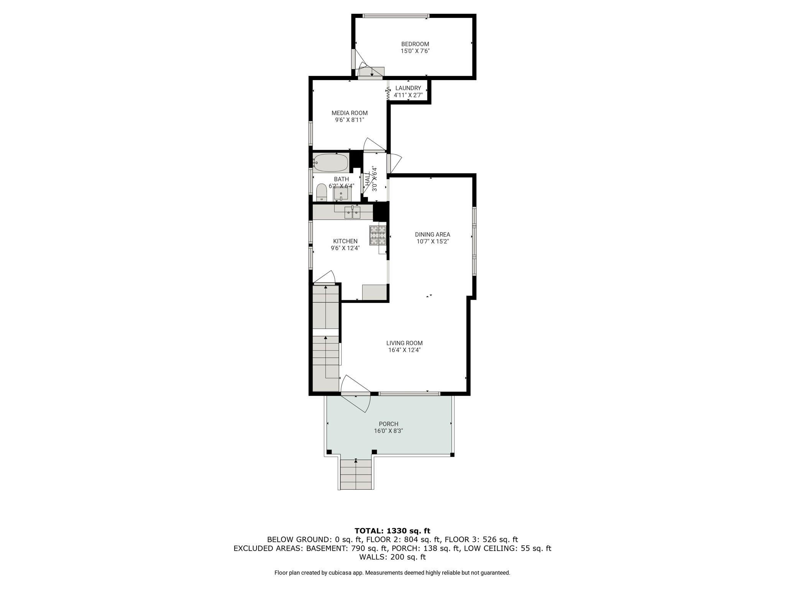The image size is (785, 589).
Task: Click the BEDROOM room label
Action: pos(415,44)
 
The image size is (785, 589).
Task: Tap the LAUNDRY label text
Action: pos(408,88)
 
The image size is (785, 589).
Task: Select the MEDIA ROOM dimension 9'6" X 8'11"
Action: pos(350,120)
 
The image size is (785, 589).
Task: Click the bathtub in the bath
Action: pos(330,163)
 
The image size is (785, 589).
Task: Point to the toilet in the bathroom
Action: pos(322,192)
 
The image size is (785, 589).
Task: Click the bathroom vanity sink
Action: pos(341,194)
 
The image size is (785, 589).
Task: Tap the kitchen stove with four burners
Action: pos(378,235)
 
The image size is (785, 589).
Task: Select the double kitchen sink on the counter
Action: pos(352,212)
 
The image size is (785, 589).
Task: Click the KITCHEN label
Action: pos(345,241)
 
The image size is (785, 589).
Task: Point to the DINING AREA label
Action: pos(432,235)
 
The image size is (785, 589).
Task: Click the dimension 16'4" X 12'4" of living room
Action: pos(404,350)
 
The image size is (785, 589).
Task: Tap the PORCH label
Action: pos(389,424)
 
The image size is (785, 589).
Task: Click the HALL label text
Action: pos(368,179)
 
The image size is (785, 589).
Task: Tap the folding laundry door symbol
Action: pos(388,94)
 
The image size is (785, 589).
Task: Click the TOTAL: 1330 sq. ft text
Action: pos(392,531)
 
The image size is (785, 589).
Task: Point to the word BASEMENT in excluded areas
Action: pos(326,549)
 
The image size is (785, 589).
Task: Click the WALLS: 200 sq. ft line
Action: pos(392,557)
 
